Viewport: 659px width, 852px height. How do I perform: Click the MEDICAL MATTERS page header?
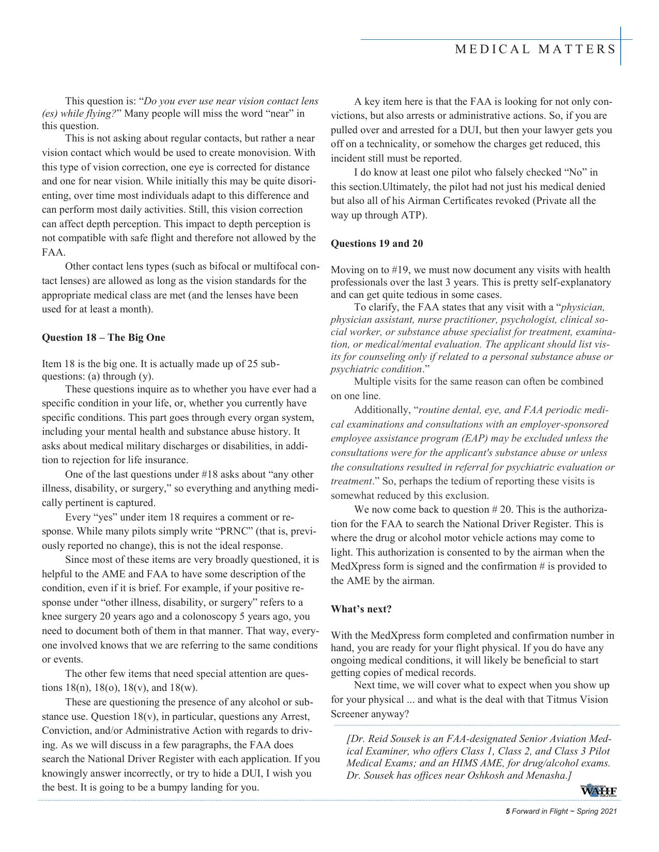535,49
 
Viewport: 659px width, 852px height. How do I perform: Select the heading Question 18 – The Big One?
103,338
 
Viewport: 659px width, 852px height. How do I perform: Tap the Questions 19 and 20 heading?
377,243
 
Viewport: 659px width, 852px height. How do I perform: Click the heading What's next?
361,609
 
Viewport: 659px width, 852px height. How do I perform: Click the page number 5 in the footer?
508,811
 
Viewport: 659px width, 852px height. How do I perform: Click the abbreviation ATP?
412,215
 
